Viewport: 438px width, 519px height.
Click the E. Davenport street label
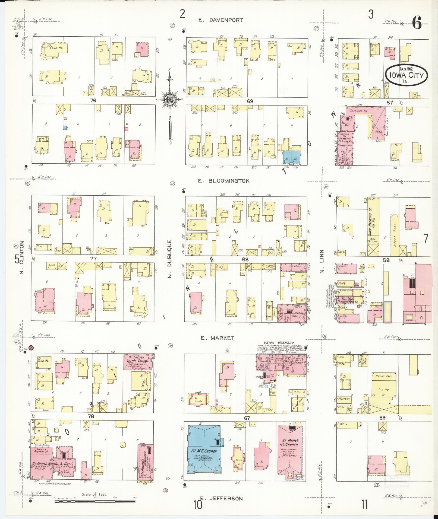(220, 20)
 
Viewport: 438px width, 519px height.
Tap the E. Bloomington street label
(224, 181)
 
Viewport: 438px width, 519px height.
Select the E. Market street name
(217, 338)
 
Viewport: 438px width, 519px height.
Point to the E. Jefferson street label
(221, 498)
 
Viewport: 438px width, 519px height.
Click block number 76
(93, 101)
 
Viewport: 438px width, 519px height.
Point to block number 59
(382, 418)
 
